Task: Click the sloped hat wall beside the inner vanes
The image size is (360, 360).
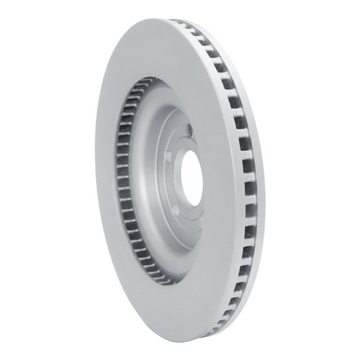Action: coord(148,180)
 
